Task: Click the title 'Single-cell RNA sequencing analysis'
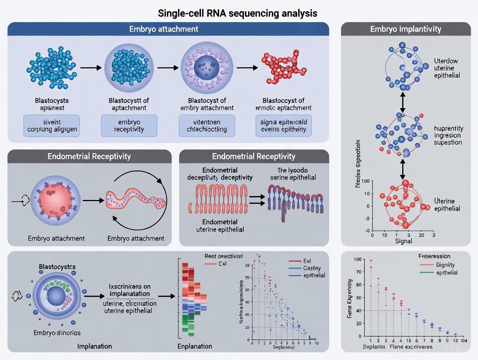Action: (239, 13)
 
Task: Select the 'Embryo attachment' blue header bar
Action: (168, 29)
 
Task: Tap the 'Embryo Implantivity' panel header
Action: (406, 29)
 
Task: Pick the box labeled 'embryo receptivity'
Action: (127, 125)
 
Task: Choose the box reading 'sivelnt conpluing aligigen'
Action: (52, 125)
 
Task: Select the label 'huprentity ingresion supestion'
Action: (448, 135)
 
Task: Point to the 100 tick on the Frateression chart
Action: (357, 259)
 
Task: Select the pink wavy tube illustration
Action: (135, 201)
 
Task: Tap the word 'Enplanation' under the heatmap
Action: (195, 346)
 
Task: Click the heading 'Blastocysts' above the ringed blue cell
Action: (57, 267)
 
